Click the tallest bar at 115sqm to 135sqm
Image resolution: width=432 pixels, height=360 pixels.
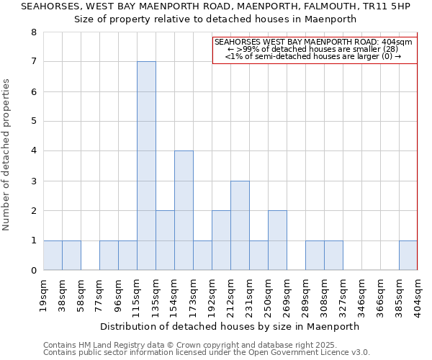pos(146,166)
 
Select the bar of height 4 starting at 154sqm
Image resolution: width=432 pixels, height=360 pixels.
pos(184,210)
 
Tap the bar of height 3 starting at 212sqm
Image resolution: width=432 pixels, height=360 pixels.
pos(240,225)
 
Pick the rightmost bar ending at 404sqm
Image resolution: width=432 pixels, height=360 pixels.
pos(408,256)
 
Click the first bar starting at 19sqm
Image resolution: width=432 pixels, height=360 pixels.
pos(53,256)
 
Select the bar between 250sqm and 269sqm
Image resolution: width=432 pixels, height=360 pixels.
pos(277,240)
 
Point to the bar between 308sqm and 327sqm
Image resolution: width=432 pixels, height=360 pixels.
pos(333,256)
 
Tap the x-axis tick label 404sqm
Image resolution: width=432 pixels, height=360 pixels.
pos(418,293)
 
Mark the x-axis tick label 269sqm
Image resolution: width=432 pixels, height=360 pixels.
pos(287,293)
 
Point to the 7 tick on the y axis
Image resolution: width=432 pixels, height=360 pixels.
pos(33,62)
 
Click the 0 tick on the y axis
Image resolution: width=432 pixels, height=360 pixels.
pos(33,271)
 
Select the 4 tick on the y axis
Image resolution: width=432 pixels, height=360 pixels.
pos(33,151)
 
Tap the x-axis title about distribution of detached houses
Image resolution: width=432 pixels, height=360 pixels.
pos(230,326)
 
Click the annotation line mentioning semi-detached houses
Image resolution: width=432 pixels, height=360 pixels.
pos(313,56)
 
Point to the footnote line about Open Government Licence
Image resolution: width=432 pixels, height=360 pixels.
pos(207,353)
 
